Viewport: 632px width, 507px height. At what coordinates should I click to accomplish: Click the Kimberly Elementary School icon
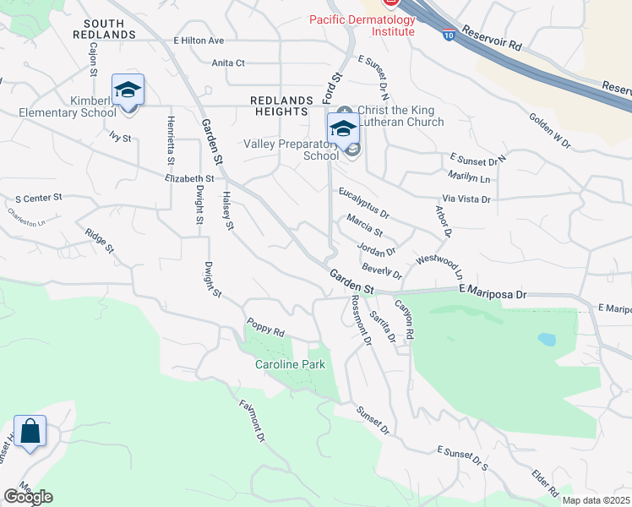coord(128,90)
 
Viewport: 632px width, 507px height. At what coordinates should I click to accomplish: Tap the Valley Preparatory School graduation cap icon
coord(343,129)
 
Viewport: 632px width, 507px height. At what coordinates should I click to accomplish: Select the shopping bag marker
coord(30,431)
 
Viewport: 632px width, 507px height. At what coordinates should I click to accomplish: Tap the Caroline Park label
coord(290,365)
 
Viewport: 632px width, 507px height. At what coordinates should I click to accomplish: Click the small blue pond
coord(547,339)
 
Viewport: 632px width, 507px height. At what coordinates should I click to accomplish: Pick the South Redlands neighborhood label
coord(104,29)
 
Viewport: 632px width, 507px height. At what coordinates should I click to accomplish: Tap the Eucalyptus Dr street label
coord(363,204)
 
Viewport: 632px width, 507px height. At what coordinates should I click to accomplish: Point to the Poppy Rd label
coord(265,327)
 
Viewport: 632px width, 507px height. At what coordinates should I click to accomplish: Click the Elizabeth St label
coord(190,178)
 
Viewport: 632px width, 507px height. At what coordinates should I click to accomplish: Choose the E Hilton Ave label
coord(199,41)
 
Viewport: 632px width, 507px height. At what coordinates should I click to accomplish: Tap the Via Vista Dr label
coord(466,199)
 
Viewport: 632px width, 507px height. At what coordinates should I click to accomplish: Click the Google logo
coord(28,497)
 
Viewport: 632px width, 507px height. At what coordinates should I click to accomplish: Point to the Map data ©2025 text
coord(595,500)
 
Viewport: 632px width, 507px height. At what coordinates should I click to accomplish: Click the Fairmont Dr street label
coord(252,421)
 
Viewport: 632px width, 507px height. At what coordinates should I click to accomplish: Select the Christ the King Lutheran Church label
coord(400,117)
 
